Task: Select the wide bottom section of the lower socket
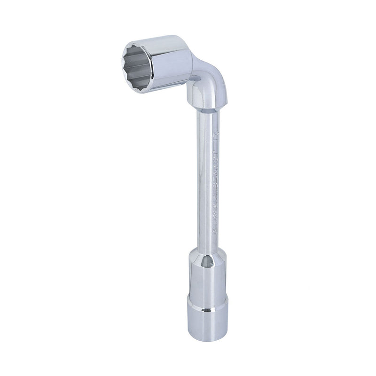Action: coord(207,320)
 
